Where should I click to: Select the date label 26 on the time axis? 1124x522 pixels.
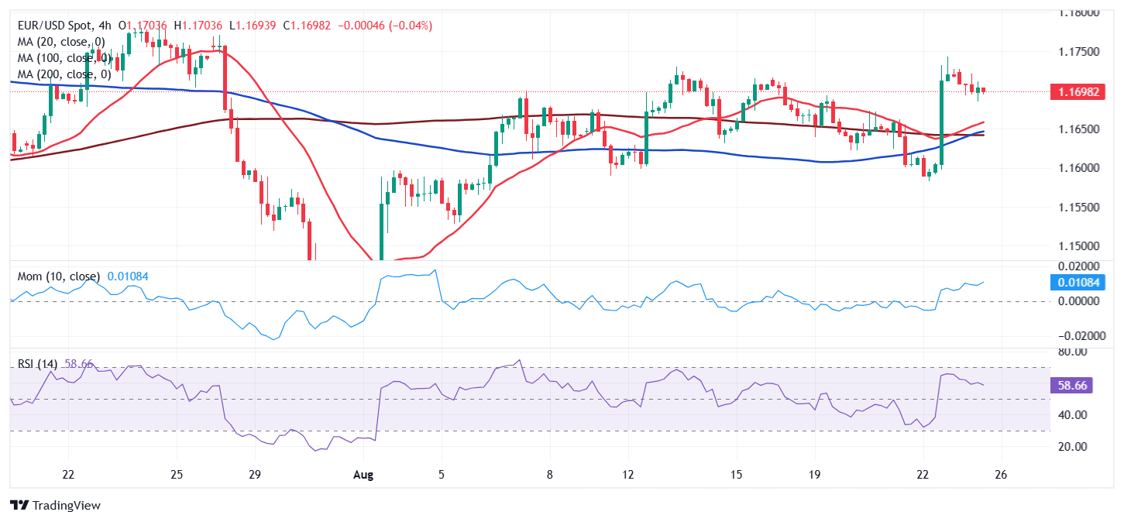pyautogui.click(x=1000, y=474)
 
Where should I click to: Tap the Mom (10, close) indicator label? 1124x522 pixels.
pyautogui.click(x=60, y=276)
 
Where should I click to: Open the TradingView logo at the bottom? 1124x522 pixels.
pyautogui.click(x=55, y=506)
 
